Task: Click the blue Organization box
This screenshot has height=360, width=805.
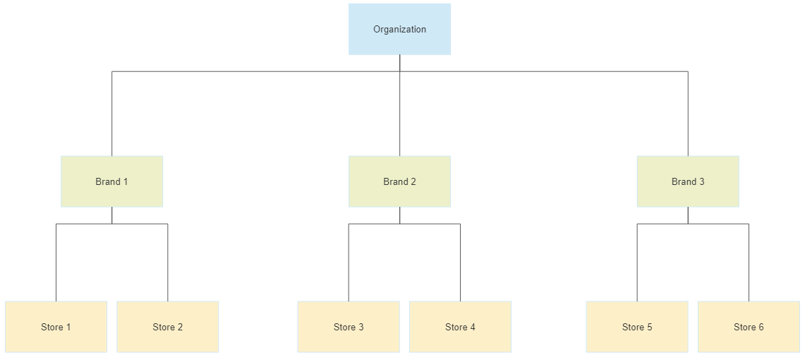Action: (x=399, y=29)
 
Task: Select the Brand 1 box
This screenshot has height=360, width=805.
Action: (x=111, y=181)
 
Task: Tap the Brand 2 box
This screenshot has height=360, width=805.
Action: (x=399, y=181)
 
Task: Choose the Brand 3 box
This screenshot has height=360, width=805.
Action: (x=687, y=181)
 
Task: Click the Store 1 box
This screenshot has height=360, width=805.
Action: (x=56, y=327)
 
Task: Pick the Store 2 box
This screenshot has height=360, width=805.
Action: (x=167, y=327)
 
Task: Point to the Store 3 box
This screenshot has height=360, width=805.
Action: (x=349, y=327)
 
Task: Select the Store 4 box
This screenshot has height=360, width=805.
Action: (x=460, y=327)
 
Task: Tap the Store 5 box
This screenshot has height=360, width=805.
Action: (x=637, y=327)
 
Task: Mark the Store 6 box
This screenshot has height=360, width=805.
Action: (x=749, y=327)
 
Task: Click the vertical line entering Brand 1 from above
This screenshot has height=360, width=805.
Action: (x=111, y=113)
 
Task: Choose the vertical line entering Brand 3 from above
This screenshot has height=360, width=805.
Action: (x=688, y=113)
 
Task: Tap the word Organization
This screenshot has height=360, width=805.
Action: (x=399, y=30)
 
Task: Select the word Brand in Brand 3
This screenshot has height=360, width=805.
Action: (x=683, y=181)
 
